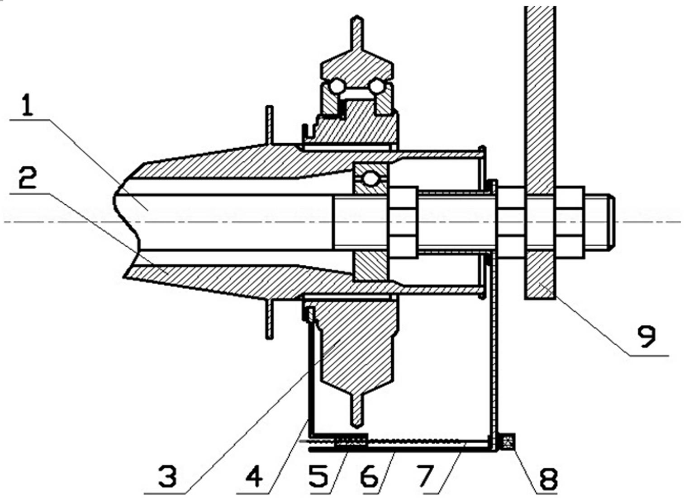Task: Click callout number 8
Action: point(548,478)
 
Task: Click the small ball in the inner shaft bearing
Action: point(370,179)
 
